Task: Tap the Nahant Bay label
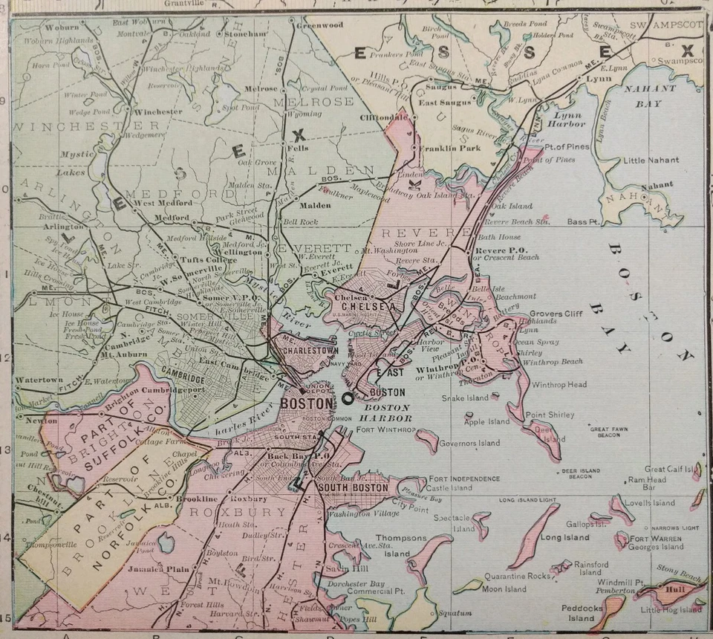click(655, 96)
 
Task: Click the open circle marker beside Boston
click(347, 399)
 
